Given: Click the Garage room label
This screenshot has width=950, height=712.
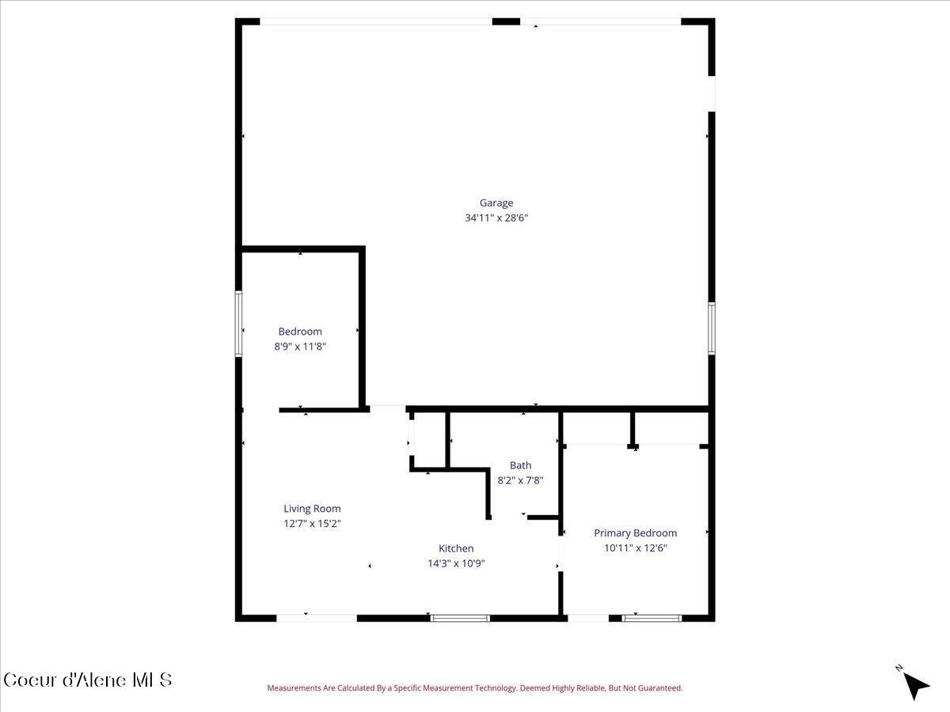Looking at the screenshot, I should click(x=496, y=203).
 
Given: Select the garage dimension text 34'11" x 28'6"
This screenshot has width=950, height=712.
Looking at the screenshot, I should click(x=496, y=218).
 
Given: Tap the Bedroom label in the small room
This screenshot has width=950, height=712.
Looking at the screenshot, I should click(x=300, y=331).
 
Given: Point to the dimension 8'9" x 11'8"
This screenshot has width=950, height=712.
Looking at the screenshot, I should click(x=300, y=346).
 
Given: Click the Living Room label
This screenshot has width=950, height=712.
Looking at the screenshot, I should click(x=312, y=509).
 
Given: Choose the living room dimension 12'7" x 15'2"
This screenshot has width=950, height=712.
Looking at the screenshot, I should click(x=312, y=523).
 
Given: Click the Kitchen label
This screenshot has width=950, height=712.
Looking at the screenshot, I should click(x=456, y=548).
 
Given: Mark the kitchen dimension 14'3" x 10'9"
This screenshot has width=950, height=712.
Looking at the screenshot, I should click(x=456, y=563).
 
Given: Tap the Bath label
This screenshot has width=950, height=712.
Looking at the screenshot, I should click(x=520, y=465).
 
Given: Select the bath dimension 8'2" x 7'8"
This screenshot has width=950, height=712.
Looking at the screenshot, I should click(x=520, y=479).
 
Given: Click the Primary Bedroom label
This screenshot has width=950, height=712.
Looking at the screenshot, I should click(x=635, y=533).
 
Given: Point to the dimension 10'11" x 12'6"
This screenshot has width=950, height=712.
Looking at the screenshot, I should click(x=635, y=547).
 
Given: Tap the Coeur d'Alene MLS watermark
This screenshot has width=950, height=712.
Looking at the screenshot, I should click(x=87, y=680).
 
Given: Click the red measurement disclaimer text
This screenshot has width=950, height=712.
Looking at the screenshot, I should click(x=474, y=688).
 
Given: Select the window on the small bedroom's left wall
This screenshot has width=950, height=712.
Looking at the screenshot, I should click(x=238, y=324).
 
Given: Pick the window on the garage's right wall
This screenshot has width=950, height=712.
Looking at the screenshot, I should click(x=711, y=328).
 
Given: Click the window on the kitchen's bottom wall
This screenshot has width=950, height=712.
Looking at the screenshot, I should click(x=460, y=617).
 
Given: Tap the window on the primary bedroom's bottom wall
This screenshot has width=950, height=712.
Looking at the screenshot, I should click(x=652, y=617).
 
